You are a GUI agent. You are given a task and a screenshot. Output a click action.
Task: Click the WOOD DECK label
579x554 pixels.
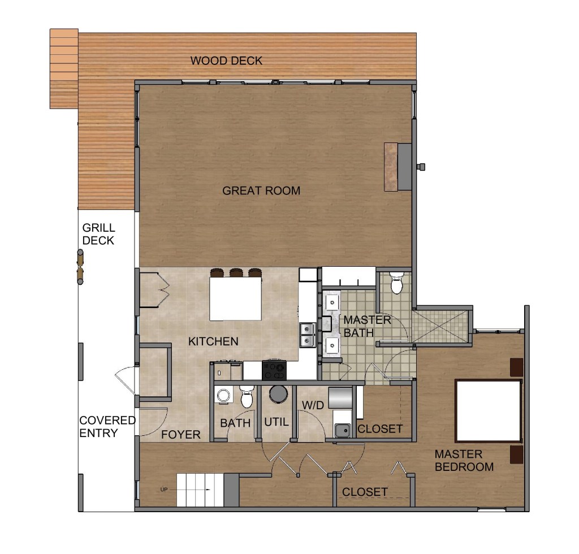pyautogui.click(x=226, y=60)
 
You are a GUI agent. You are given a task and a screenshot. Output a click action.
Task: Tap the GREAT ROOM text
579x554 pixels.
pyautogui.click(x=261, y=191)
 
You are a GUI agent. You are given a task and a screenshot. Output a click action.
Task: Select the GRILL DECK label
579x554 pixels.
pyautogui.click(x=98, y=234)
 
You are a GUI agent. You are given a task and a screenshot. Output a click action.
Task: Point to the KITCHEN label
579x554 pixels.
pyautogui.click(x=213, y=341)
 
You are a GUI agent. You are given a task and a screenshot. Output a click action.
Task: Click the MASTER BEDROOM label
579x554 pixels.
pyautogui.click(x=464, y=460)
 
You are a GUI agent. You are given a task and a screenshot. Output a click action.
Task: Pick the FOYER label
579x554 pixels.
pyautogui.click(x=180, y=434)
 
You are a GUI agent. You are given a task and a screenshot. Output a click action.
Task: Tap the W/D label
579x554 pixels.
pyautogui.click(x=313, y=405)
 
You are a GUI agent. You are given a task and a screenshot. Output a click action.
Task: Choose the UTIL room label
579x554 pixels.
pyautogui.click(x=276, y=422)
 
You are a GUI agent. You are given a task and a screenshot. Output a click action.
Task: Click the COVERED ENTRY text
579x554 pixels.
pyautogui.click(x=107, y=427)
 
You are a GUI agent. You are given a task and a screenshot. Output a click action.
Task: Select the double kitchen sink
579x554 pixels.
pyautogui.click(x=307, y=335)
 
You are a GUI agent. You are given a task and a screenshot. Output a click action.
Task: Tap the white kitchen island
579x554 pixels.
pyautogui.click(x=236, y=298)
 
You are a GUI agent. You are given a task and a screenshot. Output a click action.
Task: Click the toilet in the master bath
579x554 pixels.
pyautogui.click(x=396, y=282)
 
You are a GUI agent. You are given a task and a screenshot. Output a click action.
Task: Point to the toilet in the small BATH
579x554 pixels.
pyautogui.click(x=247, y=396)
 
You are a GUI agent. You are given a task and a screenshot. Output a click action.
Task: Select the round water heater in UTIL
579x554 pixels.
pyautogui.click(x=278, y=393)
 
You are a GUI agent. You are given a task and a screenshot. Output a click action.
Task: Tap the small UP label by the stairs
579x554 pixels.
pyautogui.click(x=164, y=490)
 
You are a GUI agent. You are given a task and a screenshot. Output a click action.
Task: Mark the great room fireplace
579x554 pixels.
pyautogui.click(x=397, y=167)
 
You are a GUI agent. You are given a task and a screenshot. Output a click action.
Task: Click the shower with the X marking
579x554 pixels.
pyautogui.click(x=440, y=326)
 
